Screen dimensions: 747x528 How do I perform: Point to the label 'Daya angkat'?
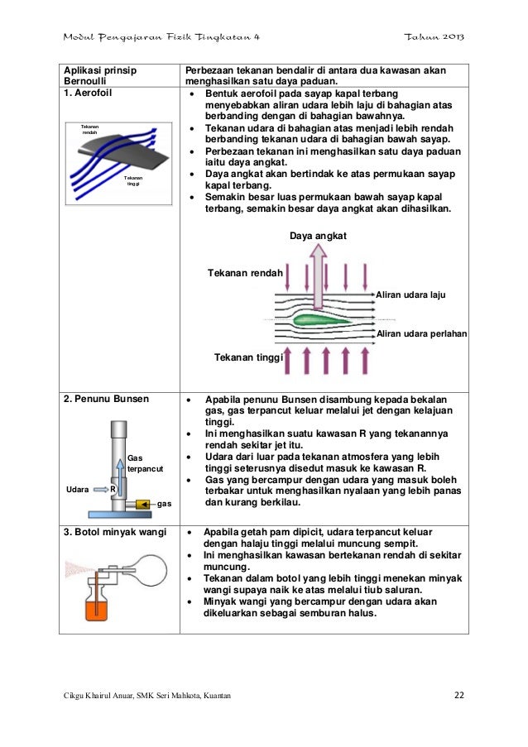coord(318,237)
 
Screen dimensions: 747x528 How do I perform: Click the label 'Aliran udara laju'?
coord(410,294)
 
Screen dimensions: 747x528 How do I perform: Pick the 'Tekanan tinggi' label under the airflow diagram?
coord(248,358)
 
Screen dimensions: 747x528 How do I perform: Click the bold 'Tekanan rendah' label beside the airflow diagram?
coord(245,273)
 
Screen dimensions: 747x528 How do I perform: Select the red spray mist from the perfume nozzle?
coord(79,567)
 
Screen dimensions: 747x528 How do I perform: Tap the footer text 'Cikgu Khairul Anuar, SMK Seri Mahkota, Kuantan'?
coord(148,694)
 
